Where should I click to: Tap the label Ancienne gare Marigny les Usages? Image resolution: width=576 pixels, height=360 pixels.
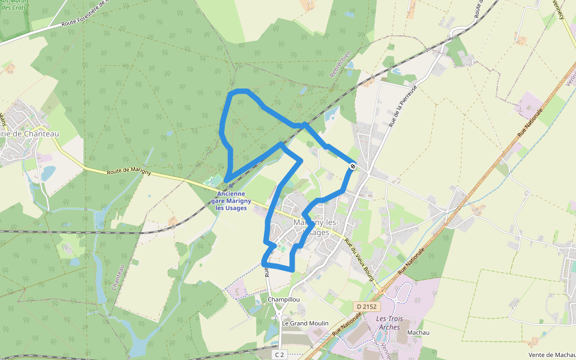tap(232, 201)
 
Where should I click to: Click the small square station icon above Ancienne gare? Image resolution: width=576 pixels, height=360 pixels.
tap(231, 186)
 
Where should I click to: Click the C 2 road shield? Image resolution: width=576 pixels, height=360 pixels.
tap(279, 355)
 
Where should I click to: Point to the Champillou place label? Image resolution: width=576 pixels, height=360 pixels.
tap(284, 299)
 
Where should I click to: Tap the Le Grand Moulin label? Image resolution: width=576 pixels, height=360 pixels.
tap(305, 323)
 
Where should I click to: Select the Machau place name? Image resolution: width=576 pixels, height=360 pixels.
tap(418, 332)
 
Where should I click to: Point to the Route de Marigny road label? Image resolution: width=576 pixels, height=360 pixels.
tap(128, 172)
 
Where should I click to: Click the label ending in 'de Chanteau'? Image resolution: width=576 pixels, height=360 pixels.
tap(30, 134)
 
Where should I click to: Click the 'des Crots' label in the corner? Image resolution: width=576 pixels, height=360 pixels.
tap(12, 7)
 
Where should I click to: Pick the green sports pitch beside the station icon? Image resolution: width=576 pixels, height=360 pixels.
tap(214, 181)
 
